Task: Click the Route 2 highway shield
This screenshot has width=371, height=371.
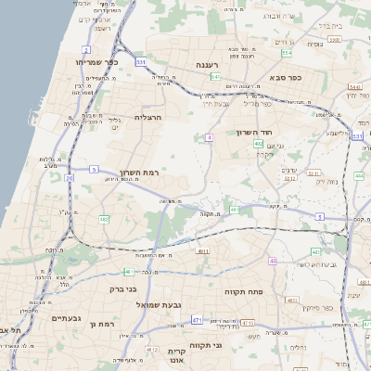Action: pos(86,49)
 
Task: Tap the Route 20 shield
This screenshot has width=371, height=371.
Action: pos(69,176)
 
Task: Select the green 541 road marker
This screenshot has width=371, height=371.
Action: pos(214,77)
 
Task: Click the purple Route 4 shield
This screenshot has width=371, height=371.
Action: pos(210,137)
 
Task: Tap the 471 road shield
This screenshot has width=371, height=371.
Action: pos(197,319)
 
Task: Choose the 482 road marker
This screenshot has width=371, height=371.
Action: pos(103,219)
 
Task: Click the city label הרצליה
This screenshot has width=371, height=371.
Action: pos(148,118)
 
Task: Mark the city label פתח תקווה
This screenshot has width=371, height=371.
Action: pos(244,290)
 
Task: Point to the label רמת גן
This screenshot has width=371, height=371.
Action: pos(100,325)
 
